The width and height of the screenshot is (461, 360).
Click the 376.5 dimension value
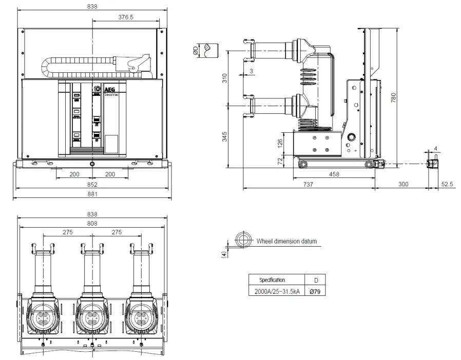coord(126,17)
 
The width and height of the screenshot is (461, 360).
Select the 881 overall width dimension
coord(92,194)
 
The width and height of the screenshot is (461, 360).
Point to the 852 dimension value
coord(92,184)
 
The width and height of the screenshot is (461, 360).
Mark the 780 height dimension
coord(393,97)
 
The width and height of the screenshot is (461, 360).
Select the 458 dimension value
coord(334,174)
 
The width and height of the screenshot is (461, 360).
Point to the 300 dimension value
coord(403,184)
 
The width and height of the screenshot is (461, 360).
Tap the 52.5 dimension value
coord(447,184)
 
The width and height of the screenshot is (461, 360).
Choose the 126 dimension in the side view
coord(280,142)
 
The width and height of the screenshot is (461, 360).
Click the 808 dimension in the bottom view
coord(92,223)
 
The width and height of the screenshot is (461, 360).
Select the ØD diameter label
coord(196,50)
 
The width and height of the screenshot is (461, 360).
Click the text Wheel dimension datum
coord(286,241)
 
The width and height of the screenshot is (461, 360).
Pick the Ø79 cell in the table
coord(315,291)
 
